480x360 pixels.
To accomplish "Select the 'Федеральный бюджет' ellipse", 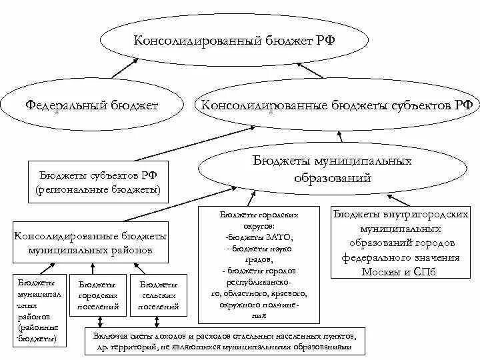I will tap(92, 105).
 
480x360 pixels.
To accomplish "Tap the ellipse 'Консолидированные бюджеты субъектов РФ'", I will tap(337, 105).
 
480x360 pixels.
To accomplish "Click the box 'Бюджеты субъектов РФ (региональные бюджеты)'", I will tap(98, 182).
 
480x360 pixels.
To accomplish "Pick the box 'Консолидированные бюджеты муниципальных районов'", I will tap(90, 243).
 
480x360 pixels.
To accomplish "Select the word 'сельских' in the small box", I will tap(158, 295).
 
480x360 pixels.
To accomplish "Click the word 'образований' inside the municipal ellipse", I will tap(331, 179).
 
